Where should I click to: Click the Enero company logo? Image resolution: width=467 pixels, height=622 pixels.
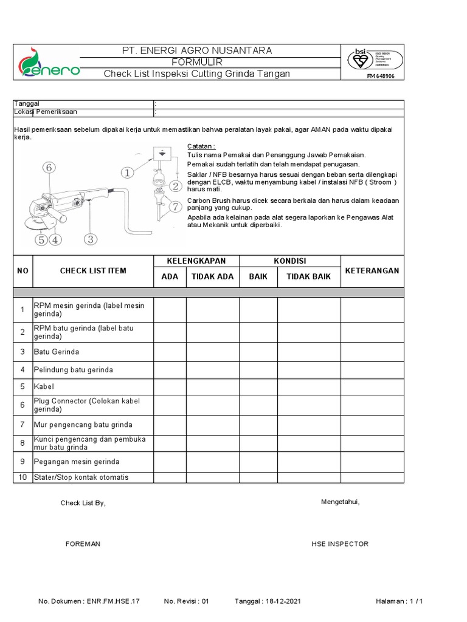point(46,63)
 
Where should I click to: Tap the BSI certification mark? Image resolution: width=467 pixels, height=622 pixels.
point(375,59)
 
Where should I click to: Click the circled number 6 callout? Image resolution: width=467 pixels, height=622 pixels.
point(49,167)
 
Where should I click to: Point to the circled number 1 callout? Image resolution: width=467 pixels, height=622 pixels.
point(127,173)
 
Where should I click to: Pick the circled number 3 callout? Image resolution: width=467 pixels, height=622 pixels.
point(90,239)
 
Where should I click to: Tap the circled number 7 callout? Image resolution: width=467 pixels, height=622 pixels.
point(175,207)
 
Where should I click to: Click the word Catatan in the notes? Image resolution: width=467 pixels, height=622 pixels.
point(201,146)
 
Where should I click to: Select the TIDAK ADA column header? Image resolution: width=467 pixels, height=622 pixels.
point(212,276)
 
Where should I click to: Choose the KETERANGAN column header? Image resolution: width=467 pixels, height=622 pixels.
point(372,270)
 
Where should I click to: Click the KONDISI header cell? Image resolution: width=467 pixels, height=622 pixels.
point(289,261)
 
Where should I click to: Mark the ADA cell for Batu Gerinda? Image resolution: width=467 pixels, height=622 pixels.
point(170,352)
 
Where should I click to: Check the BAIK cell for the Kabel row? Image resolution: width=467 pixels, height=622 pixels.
point(258,386)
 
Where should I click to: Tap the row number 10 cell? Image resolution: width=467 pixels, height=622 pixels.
point(22,477)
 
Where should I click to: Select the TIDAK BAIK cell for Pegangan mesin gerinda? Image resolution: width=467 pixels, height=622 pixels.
point(309,462)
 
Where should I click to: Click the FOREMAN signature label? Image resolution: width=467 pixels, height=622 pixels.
point(83,544)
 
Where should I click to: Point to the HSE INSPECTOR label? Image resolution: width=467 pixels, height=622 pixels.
point(340,544)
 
